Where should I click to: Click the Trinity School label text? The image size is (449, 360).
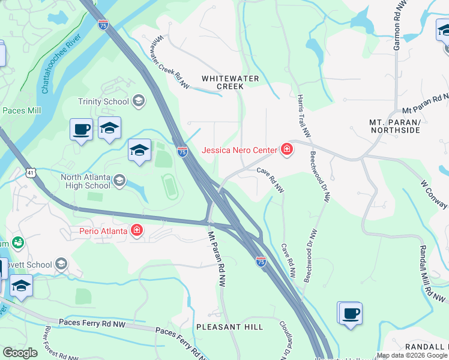(x=104, y=101)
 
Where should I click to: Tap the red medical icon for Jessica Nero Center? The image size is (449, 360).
(x=286, y=150)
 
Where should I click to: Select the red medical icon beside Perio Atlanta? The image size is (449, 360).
(x=137, y=230)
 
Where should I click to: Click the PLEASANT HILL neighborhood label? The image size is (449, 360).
(x=229, y=327)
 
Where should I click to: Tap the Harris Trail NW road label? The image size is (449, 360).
(x=304, y=114)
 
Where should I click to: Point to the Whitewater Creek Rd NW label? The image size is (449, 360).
(x=170, y=62)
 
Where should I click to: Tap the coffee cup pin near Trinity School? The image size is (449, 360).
(x=81, y=129)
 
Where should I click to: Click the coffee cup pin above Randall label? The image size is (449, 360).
(x=351, y=313)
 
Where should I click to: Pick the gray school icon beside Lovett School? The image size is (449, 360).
(x=61, y=264)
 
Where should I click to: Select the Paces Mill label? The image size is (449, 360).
(x=22, y=110)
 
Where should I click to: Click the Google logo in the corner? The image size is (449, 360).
(x=20, y=353)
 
